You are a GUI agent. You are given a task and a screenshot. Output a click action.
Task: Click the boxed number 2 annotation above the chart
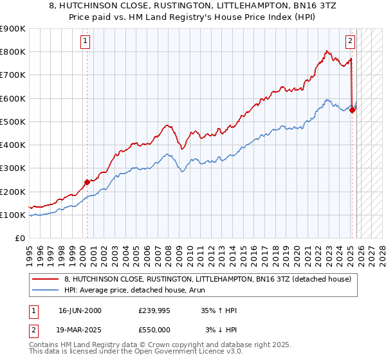(350, 42)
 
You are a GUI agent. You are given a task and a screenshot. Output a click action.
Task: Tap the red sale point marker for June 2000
(87, 182)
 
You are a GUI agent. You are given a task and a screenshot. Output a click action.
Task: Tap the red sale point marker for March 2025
(353, 110)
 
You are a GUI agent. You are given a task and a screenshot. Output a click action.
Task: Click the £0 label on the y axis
(19, 239)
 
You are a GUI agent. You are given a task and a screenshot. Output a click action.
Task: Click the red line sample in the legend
(46, 279)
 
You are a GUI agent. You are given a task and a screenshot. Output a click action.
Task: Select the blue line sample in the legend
(46, 290)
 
